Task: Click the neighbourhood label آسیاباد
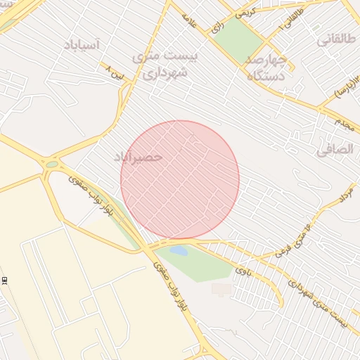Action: [x=82, y=45]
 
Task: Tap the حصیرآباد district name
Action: [x=138, y=156]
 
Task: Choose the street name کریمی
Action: [x=245, y=12]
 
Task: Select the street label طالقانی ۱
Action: [x=291, y=19]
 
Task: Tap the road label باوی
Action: [x=243, y=269]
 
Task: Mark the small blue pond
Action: [x=178, y=250]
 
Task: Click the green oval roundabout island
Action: [x=52, y=165]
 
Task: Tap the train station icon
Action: [x=4, y=280]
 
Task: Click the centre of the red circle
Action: [x=180, y=180]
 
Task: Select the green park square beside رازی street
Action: [x=240, y=39]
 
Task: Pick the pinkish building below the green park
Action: [x=221, y=289]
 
